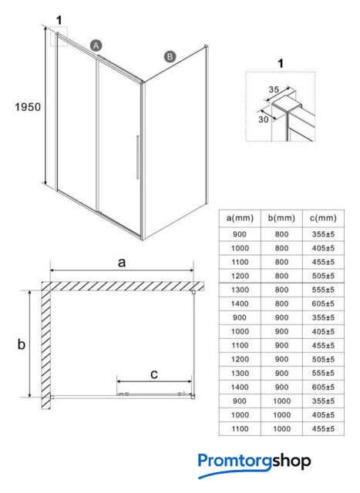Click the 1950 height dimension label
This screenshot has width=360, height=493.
[x=28, y=107]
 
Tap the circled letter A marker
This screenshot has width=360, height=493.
[x=96, y=45]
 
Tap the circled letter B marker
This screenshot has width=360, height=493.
[x=170, y=56]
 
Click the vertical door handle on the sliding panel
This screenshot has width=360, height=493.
[x=138, y=157]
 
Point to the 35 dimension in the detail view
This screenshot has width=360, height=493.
[x=274, y=89]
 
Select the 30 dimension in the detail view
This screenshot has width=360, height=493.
[x=264, y=119]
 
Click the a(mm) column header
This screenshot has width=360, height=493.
[x=240, y=218]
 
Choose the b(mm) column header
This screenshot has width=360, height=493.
[x=281, y=218]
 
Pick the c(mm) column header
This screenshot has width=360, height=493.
[x=323, y=218]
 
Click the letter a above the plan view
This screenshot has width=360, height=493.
[x=122, y=262]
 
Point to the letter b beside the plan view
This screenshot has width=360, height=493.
[x=21, y=344]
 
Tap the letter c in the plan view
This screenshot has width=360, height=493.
[x=154, y=374]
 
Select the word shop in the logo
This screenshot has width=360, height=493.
[x=291, y=461]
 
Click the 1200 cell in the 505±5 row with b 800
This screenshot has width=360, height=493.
[x=240, y=276]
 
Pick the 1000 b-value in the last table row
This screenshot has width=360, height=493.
[x=281, y=429]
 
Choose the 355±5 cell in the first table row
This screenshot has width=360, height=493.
[x=323, y=234]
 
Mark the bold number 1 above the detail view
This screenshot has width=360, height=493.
[x=281, y=63]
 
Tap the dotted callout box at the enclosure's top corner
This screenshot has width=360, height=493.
[x=59, y=37]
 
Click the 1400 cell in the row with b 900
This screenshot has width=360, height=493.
[x=240, y=387]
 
